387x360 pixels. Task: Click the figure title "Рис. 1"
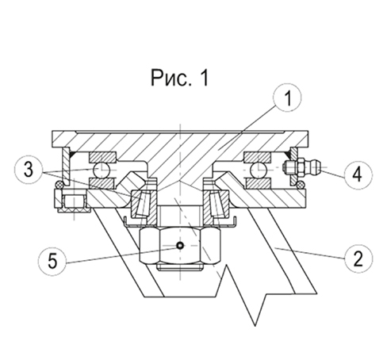(x=179, y=78)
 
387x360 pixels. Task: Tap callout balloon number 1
(x=288, y=98)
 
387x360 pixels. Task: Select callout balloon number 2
(x=358, y=259)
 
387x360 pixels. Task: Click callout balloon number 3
(x=29, y=170)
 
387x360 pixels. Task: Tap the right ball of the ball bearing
(x=258, y=170)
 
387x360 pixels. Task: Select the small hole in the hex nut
(x=180, y=246)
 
